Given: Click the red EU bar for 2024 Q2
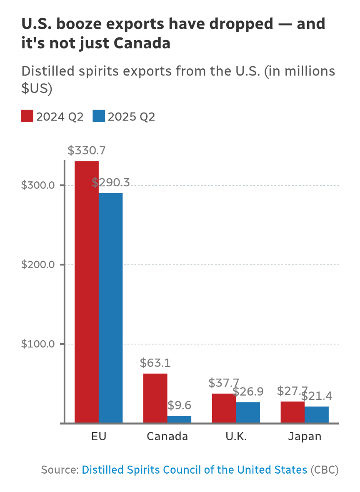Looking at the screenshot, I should (87, 292).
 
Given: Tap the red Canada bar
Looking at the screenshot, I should (155, 398).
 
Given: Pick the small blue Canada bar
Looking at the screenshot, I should (179, 419).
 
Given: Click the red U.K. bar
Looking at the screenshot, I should (224, 408).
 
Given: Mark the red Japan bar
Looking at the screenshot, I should (292, 412).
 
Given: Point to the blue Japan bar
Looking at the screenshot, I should (317, 415).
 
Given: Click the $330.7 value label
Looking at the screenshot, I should (87, 151).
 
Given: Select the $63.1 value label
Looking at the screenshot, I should (155, 363).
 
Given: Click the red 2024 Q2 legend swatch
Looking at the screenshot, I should (27, 116).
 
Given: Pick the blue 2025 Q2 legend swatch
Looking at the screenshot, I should (98, 116).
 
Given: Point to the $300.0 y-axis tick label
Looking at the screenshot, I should (38, 185).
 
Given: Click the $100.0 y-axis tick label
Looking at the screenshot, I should (38, 344).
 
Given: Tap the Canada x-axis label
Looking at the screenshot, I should (167, 437).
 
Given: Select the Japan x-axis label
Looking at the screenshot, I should (305, 437).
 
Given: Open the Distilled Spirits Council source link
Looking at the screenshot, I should (194, 470).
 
